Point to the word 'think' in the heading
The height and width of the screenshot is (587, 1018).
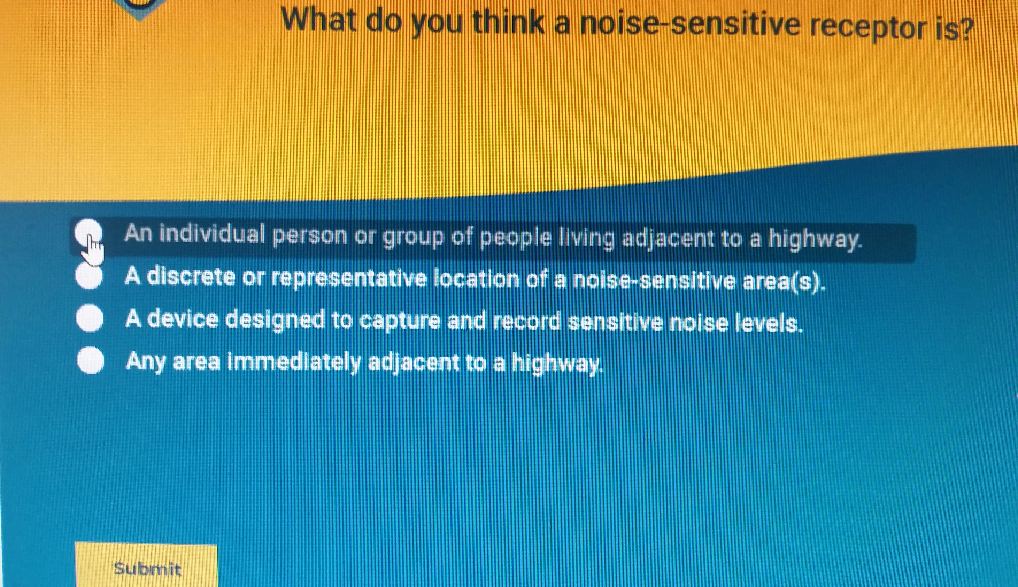click(508, 22)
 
